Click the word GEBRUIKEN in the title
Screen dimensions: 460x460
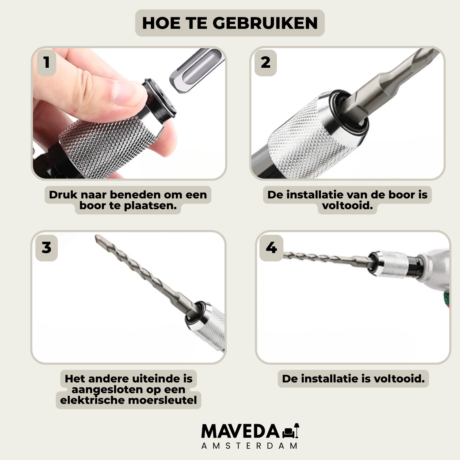coord(265,23)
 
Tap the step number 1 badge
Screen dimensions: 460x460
coord(47,63)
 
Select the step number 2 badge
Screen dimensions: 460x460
coord(266,63)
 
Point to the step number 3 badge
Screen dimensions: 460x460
coord(47,248)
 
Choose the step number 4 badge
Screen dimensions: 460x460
coord(271,248)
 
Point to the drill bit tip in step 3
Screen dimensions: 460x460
coord(98,238)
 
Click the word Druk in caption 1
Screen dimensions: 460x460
coord(63,195)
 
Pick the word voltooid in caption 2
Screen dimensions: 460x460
coord(347,205)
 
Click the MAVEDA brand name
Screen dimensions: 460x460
coord(240,431)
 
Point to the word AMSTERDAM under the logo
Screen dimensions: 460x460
coord(249,446)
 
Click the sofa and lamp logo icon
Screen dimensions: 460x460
coord(291,431)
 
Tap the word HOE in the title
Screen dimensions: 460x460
coord(161,23)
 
